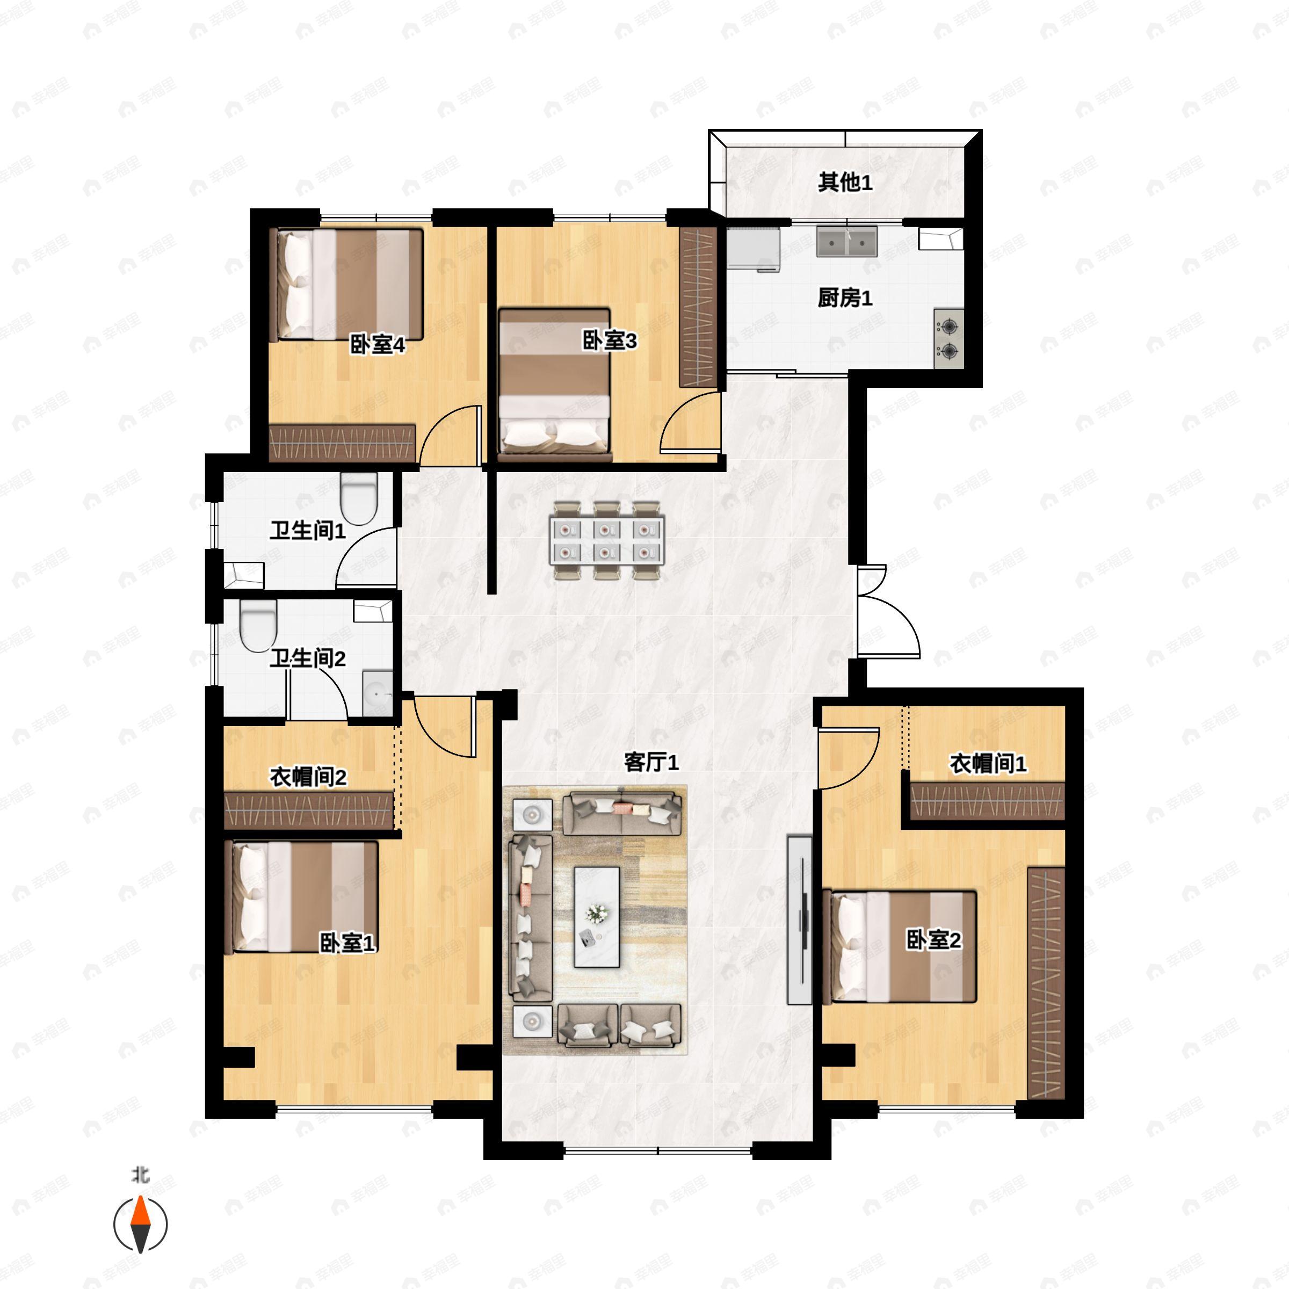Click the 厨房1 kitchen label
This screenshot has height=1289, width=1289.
pyautogui.click(x=845, y=298)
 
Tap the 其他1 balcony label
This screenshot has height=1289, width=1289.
pyautogui.click(x=845, y=182)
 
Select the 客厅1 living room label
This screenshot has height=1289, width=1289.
pyautogui.click(x=651, y=762)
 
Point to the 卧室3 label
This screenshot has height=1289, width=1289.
pyautogui.click(x=610, y=341)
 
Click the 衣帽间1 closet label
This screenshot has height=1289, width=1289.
pyautogui.click(x=988, y=764)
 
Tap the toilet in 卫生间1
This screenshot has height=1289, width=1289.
pyautogui.click(x=359, y=499)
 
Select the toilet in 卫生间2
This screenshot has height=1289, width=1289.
pyautogui.click(x=258, y=626)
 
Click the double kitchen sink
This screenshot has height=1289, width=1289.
pyautogui.click(x=846, y=242)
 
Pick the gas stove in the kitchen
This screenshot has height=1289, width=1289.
pyautogui.click(x=948, y=339)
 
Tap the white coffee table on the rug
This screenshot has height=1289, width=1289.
pyautogui.click(x=597, y=917)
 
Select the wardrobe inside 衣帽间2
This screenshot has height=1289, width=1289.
pyautogui.click(x=308, y=810)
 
